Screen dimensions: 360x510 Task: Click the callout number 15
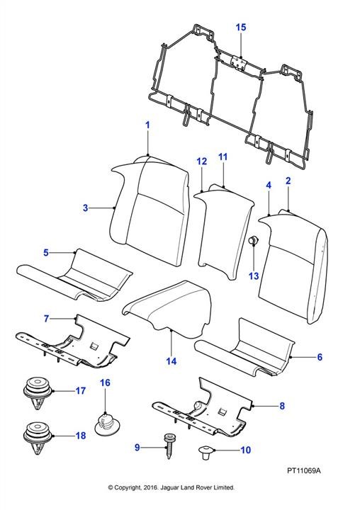(241, 27)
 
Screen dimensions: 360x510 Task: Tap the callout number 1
(147, 125)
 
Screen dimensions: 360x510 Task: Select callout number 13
(254, 276)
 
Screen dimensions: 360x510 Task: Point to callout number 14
(171, 361)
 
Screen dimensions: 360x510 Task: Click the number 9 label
(137, 448)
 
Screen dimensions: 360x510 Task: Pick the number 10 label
(246, 450)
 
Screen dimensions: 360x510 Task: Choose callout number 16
(105, 382)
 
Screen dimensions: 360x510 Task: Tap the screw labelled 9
(169, 446)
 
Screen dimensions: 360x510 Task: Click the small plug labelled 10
(206, 452)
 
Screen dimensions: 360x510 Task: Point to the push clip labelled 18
(38, 438)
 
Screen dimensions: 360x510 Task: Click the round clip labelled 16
(108, 424)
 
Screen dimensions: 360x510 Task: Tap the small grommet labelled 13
(253, 242)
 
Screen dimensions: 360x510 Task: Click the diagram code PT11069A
(304, 470)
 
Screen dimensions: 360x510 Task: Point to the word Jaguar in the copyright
(169, 487)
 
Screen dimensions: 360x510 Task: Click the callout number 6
(320, 357)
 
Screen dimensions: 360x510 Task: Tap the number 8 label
(282, 406)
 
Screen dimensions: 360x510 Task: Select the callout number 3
(85, 208)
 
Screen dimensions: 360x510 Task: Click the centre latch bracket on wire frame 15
(239, 62)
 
